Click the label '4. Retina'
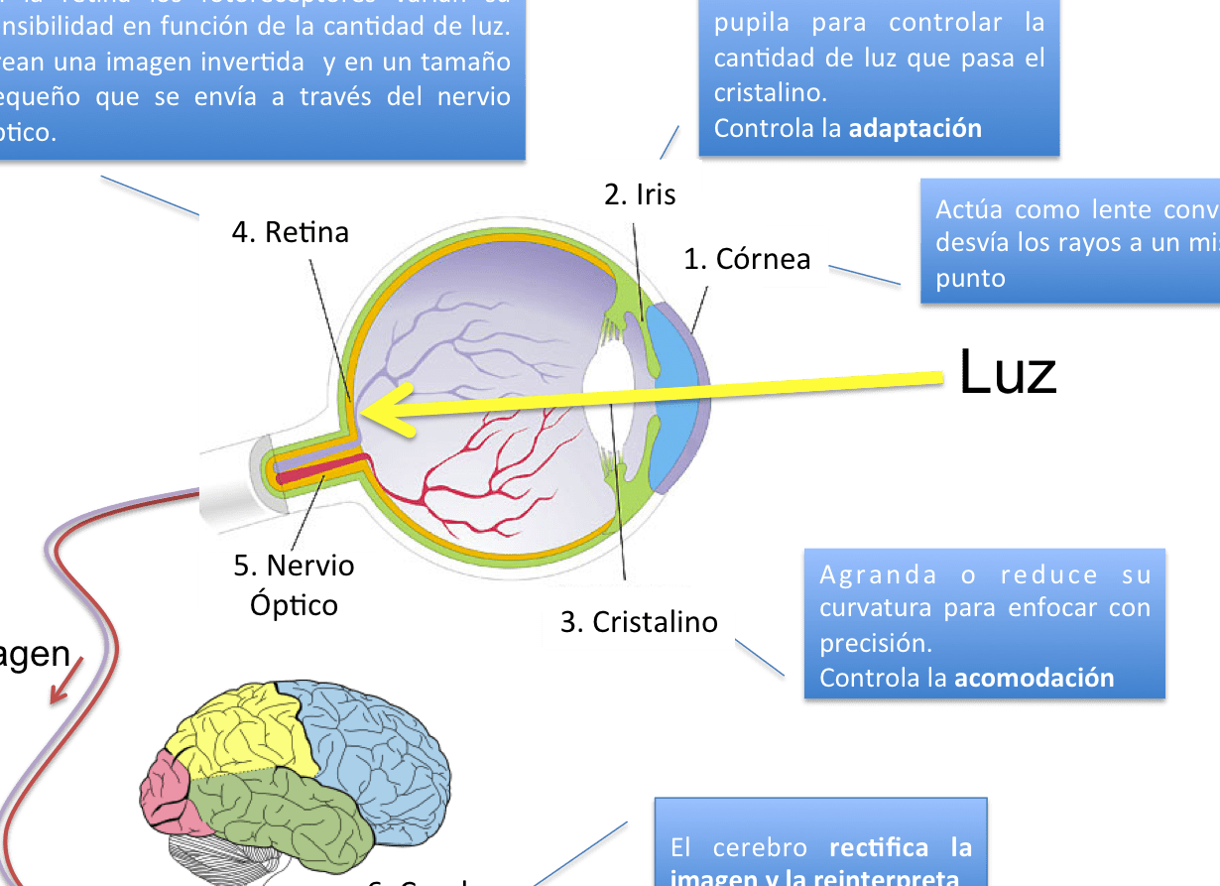pos(291,232)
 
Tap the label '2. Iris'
pos(640,193)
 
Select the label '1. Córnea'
pos(747,259)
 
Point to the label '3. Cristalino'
pos(639,622)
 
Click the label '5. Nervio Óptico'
pos(295,584)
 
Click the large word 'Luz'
pos(1009,373)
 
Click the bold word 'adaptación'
pos(915,128)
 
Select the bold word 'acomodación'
pos(1035,679)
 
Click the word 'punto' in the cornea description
pos(970,278)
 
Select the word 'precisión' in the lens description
pos(876,643)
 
